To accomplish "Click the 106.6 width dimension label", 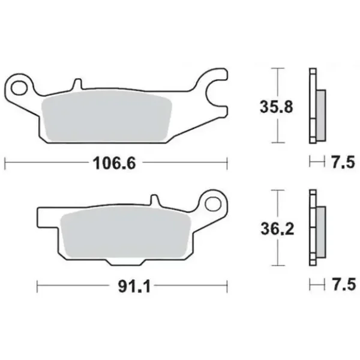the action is point(115,163).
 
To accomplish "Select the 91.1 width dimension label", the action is point(134,286).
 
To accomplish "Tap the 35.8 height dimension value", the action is point(277,107).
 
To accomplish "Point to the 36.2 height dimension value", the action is point(277,229).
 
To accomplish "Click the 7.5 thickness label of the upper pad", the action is point(343,162).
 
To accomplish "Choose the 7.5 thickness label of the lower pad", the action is point(344,284).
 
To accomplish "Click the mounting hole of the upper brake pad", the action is point(19,88).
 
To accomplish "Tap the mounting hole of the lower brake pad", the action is point(212,204).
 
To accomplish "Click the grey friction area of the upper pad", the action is point(107,116).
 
